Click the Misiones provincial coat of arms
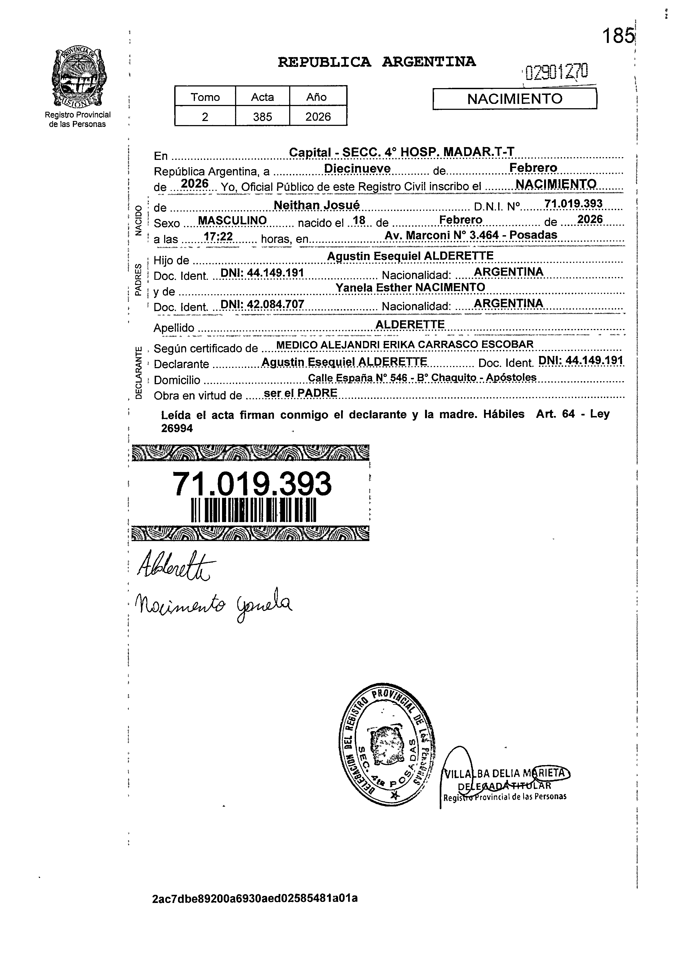point(78,78)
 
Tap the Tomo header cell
point(205,97)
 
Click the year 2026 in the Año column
point(318,117)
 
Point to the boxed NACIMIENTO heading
point(515,99)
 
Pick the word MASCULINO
point(232,221)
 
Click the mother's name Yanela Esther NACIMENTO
point(410,287)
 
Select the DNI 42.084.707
point(262,304)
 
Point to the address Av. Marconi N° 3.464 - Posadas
point(471,235)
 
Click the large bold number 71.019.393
point(252,484)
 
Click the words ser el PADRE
point(301,393)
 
